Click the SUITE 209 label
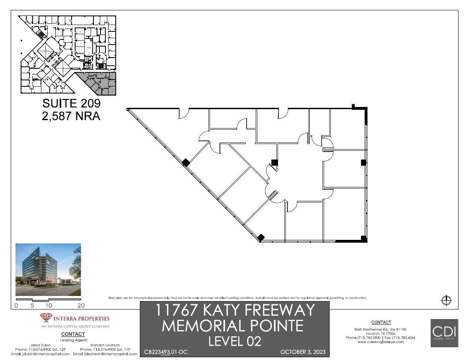[x=71, y=103]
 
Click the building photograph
[x=48, y=270]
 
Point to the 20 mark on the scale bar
[x=81, y=306]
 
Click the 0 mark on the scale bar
[x=16, y=306]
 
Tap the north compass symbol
[x=446, y=300]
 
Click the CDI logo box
[x=445, y=333]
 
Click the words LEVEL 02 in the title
[x=235, y=341]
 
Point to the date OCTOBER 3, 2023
[x=303, y=352]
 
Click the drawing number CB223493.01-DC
[x=165, y=352]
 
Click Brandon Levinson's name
[x=105, y=345]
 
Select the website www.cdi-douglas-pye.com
[x=381, y=342]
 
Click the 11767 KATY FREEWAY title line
[x=235, y=310]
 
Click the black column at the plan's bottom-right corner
[x=363, y=239]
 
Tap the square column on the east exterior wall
[x=363, y=162]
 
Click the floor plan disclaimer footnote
[x=237, y=298]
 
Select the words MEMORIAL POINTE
[x=233, y=326]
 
